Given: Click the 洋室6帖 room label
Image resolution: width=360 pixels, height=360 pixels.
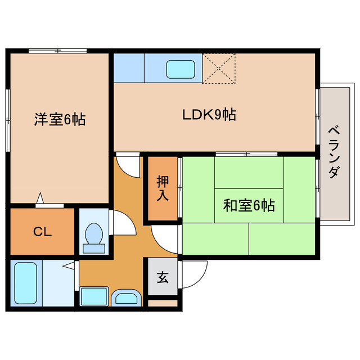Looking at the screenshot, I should point(60,119).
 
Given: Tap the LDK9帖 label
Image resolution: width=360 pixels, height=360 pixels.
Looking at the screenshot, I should point(208,115).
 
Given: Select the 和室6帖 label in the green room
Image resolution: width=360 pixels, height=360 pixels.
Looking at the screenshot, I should point(249,206).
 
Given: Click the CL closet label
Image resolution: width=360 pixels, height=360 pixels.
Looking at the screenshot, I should point(42,231).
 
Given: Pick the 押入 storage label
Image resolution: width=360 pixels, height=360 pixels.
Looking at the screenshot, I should point(163,188).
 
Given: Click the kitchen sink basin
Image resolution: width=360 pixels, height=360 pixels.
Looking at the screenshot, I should point(181,69).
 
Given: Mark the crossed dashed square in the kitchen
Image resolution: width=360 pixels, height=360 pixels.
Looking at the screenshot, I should point(219,69).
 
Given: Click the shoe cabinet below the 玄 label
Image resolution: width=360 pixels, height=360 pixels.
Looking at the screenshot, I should point(163,303).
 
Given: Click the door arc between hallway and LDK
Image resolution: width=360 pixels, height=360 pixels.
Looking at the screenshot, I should point(128,166).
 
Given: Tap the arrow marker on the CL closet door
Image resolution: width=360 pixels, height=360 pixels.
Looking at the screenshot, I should point(40,197).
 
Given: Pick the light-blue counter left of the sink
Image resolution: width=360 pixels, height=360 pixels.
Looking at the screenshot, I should point(129,67).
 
